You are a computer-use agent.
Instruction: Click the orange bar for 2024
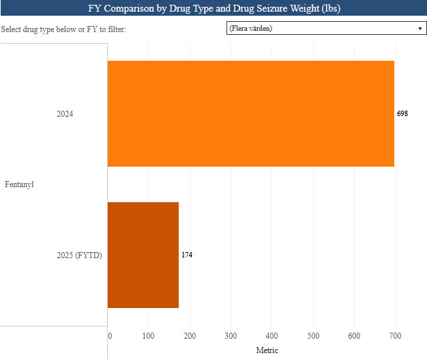point(250,113)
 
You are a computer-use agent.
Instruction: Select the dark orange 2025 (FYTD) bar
point(143,255)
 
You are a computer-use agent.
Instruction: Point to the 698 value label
point(402,113)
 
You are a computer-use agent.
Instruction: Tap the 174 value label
point(186,255)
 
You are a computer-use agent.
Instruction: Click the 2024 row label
point(65,114)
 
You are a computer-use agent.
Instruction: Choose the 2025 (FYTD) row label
point(79,255)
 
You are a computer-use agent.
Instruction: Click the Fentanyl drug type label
point(20,184)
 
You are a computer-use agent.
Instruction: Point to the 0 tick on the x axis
point(110,335)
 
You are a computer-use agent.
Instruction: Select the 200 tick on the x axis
point(190,335)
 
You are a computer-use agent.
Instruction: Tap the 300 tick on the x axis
point(231,335)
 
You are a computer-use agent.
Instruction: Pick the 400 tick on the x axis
point(271,335)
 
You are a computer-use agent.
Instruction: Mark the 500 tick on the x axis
point(313,335)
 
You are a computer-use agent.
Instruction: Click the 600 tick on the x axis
point(354,335)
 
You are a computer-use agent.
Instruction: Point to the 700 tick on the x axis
point(395,335)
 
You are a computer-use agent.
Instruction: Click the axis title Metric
point(267,350)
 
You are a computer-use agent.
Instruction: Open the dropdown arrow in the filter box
point(419,29)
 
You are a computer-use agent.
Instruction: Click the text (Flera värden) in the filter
point(251,29)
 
